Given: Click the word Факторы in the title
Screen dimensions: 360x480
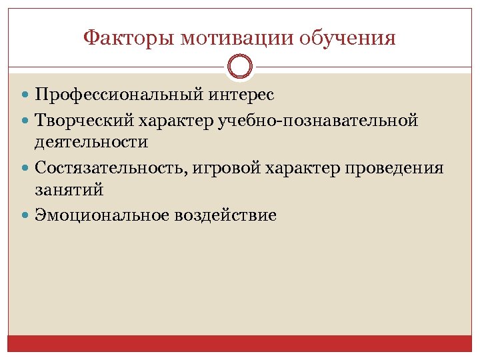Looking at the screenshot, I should coord(125,38).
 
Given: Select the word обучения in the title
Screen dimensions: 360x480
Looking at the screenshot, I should coord(348,38).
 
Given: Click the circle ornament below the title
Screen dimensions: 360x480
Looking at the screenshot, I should coord(240,67).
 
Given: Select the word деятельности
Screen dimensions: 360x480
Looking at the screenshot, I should coord(92,143).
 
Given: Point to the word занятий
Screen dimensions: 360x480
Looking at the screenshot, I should coord(69,189).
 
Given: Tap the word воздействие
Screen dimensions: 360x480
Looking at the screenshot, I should coord(225,215).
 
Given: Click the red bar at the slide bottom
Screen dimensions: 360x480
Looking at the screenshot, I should coord(240,343).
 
